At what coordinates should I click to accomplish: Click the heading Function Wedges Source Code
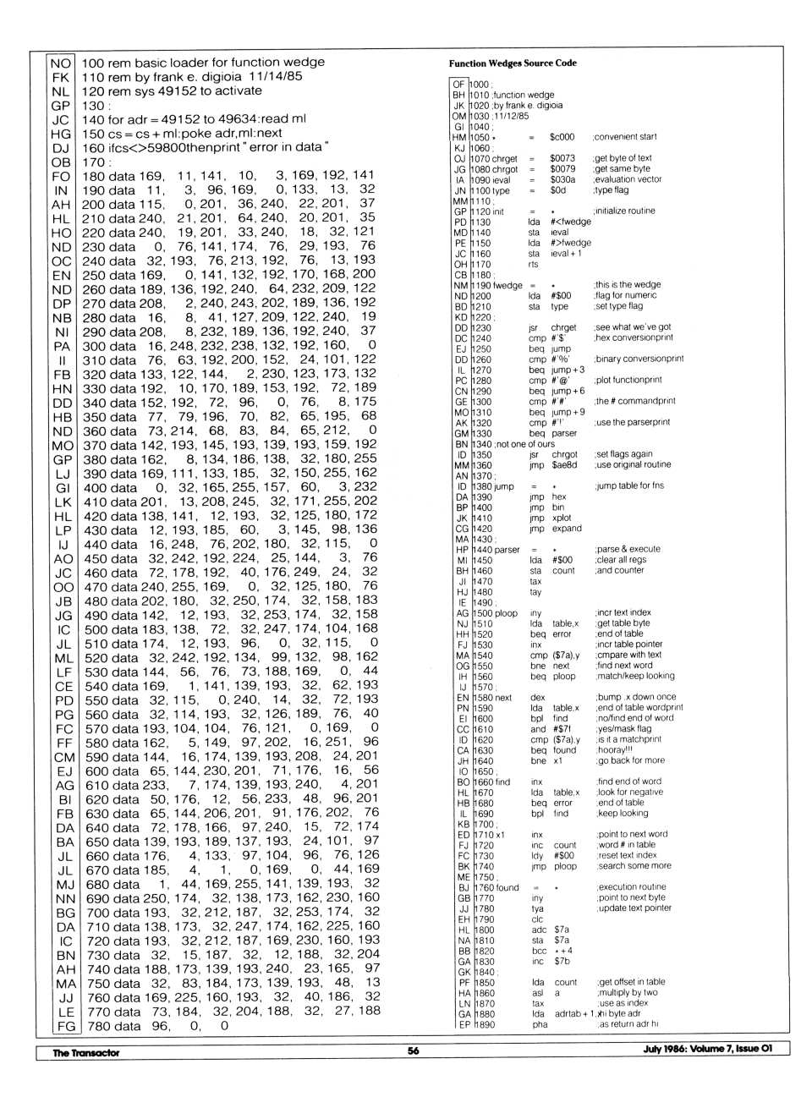tap(513, 63)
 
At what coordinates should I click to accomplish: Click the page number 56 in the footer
tap(413, 1050)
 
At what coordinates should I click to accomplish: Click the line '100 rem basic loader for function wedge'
tap(203, 63)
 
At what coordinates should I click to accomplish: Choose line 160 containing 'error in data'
tap(203, 147)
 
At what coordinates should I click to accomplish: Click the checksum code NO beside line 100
tap(60, 63)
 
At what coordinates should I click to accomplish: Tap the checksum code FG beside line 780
tap(65, 1026)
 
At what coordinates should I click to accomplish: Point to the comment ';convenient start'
tap(625, 137)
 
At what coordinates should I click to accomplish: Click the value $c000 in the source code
tap(562, 137)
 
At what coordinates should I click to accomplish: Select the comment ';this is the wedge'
tap(627, 285)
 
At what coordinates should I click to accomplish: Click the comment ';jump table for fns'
tap(628, 485)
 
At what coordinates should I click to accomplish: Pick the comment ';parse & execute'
tap(627, 549)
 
